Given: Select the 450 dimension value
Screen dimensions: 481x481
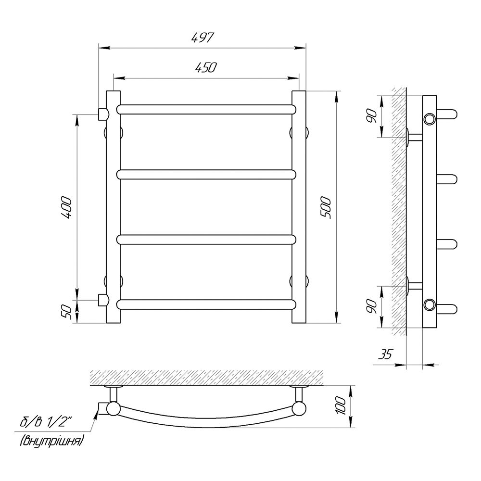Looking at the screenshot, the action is [x=206, y=68].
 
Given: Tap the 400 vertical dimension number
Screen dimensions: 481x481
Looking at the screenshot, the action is [x=66, y=208].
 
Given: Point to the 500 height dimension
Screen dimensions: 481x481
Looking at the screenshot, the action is [x=326, y=208].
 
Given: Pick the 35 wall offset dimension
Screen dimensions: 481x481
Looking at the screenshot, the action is [x=385, y=354].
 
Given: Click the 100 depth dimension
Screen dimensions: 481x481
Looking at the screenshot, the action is [x=341, y=405].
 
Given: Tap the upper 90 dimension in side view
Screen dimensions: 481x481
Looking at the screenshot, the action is [x=372, y=116].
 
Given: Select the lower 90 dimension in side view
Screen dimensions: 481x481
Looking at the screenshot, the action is [x=372, y=306].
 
